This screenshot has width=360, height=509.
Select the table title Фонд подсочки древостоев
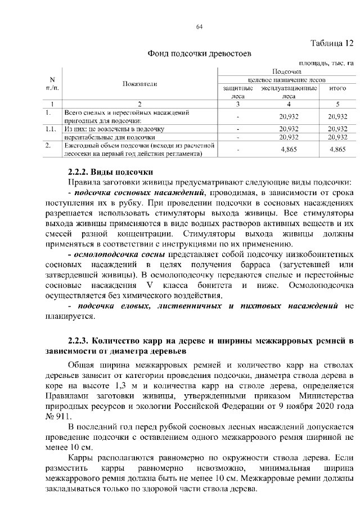click(x=199, y=54)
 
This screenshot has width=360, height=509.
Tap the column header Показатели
click(x=139, y=84)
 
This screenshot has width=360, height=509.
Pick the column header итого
click(x=336, y=89)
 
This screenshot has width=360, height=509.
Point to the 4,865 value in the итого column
click(x=336, y=149)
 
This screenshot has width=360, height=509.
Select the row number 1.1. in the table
click(x=52, y=129)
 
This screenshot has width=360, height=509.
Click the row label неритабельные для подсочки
click(x=102, y=137)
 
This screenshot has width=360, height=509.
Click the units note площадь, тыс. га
click(x=328, y=64)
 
